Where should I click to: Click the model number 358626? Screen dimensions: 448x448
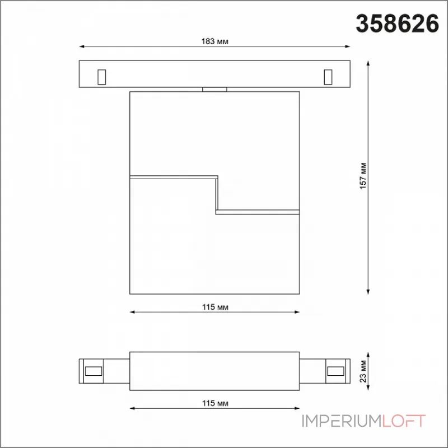tap(397, 24)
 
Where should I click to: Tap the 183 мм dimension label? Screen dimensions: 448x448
tap(215, 41)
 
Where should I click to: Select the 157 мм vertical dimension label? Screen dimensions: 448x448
tap(363, 176)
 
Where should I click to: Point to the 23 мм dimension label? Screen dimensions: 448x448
tap(363, 371)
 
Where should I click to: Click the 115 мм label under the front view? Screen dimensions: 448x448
tap(215, 307)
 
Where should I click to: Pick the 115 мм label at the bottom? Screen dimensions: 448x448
tap(215, 403)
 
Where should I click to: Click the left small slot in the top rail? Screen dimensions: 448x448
tap(102, 77)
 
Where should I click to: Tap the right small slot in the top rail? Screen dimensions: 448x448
tap(328, 77)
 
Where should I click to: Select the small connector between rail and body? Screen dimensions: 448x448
tap(214, 90)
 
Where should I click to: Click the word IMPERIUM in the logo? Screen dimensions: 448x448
tap(342, 421)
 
